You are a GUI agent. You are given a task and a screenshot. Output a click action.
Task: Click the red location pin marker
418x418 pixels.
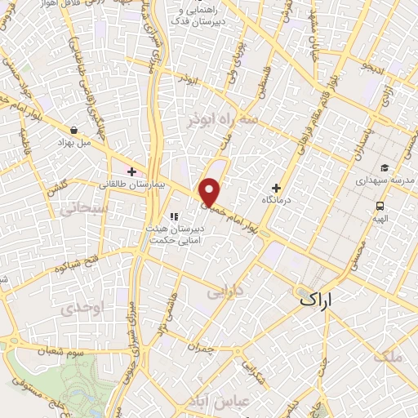[210, 193]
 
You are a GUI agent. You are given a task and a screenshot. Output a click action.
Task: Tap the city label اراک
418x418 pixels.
[318, 300]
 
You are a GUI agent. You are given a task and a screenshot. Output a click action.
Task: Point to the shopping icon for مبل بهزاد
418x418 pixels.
[74, 130]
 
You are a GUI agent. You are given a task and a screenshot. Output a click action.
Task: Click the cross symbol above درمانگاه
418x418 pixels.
[276, 187]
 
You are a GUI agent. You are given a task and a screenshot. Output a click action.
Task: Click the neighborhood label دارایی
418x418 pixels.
[225, 291]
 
